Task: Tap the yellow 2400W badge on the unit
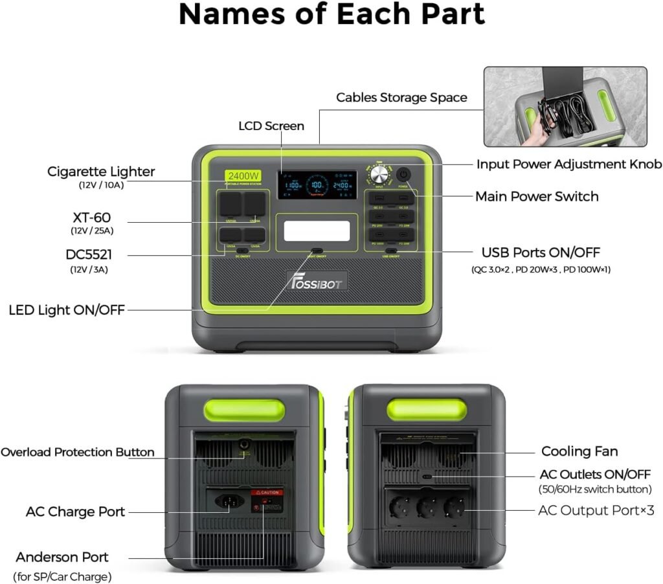[x=243, y=175]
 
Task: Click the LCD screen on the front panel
[x=317, y=185]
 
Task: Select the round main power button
[x=403, y=175]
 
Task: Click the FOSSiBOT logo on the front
[x=317, y=280]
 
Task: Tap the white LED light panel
[x=317, y=231]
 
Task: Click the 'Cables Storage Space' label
[x=401, y=98]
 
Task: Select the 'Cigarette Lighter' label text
[x=101, y=172]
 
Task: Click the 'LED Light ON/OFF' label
[x=67, y=310]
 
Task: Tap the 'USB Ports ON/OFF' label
[x=540, y=253]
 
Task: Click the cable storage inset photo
[x=565, y=106]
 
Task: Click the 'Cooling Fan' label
[x=579, y=451]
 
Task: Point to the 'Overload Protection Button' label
[x=78, y=452]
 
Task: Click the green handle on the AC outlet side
[x=426, y=410]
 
